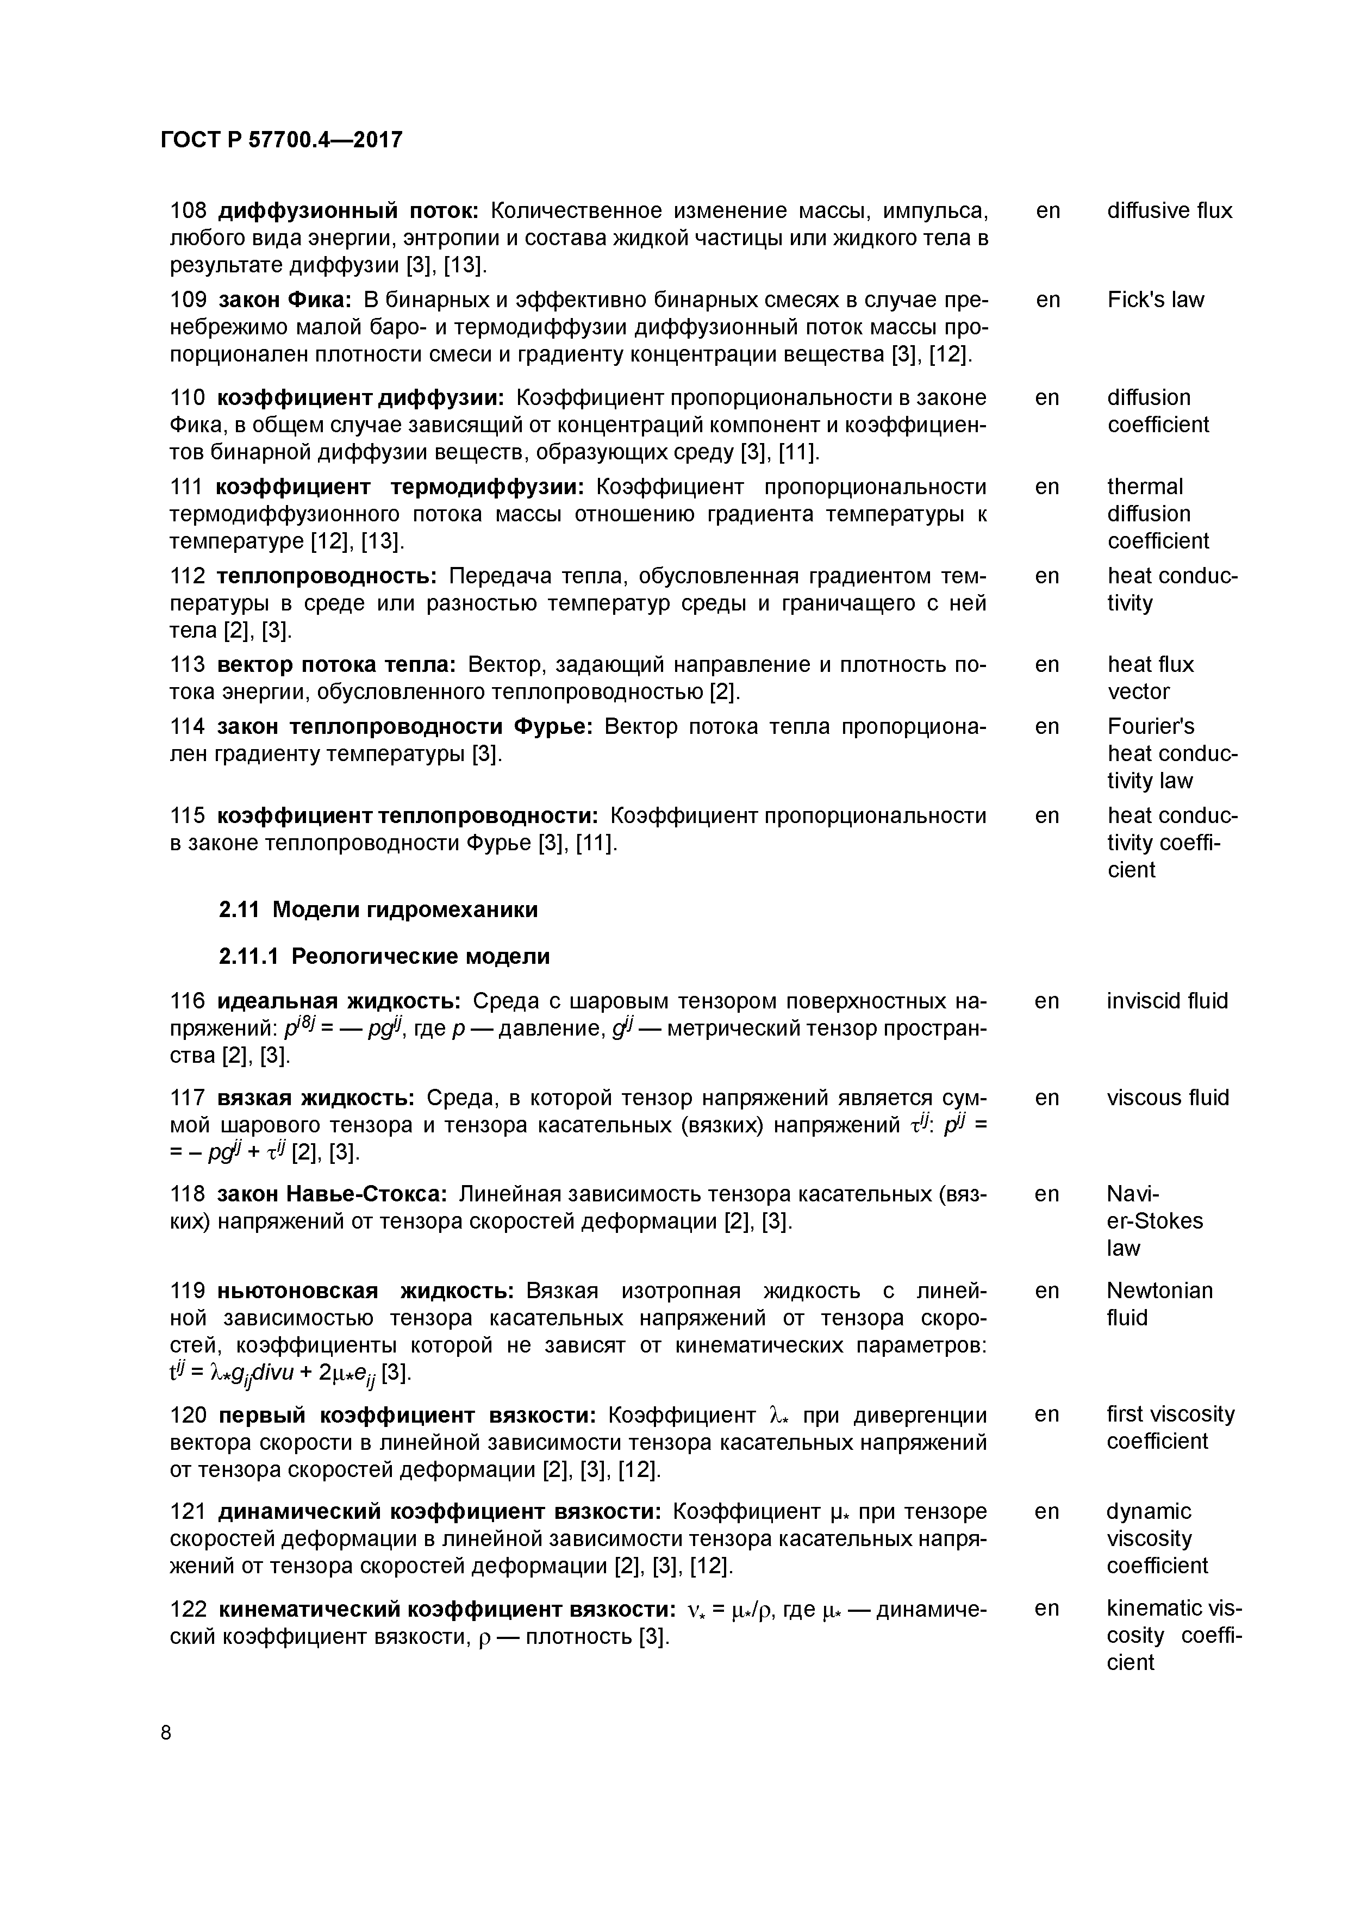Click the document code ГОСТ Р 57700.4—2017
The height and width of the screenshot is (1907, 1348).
pos(280,140)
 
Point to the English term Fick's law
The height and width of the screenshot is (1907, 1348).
pos(1155,300)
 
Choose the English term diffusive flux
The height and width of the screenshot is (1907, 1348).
pos(1169,211)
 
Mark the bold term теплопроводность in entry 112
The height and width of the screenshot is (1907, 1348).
pos(327,576)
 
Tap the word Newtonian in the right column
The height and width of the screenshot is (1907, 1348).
pos(1159,1290)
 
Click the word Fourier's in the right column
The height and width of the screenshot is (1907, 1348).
pos(1150,727)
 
